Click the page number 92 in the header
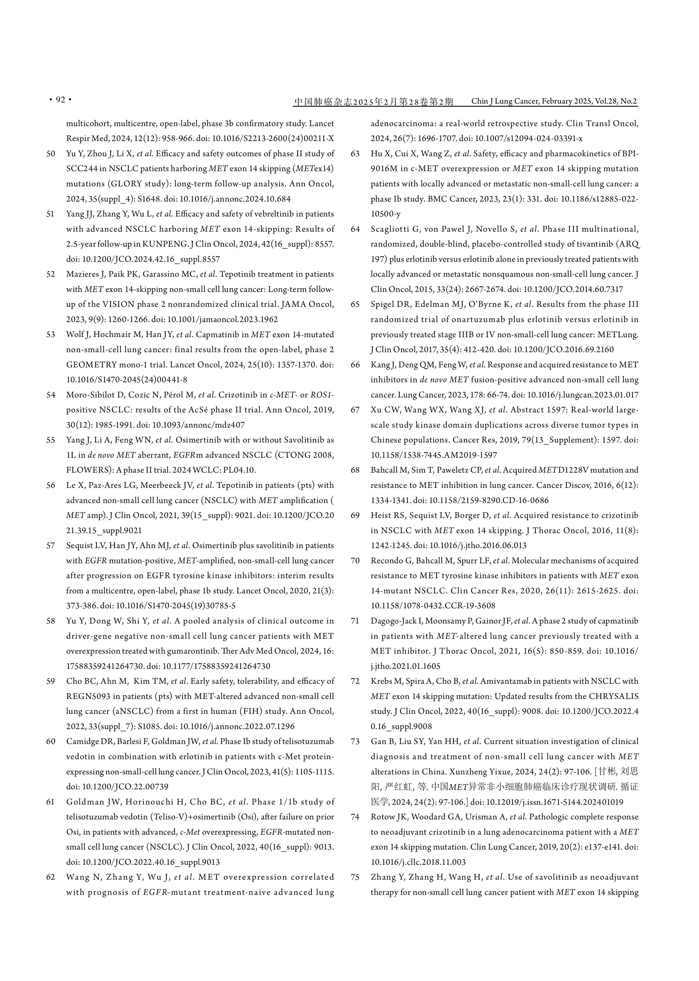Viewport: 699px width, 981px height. [x=60, y=100]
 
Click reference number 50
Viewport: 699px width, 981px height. [x=51, y=153]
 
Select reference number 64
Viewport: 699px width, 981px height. [x=355, y=229]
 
